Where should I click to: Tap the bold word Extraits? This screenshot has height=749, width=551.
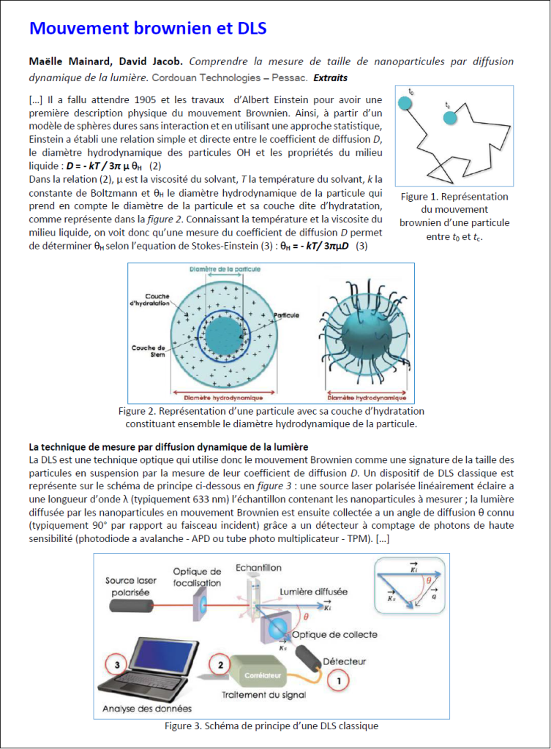point(330,78)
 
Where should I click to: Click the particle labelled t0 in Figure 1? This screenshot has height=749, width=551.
point(405,103)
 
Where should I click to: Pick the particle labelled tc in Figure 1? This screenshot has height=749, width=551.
point(450,117)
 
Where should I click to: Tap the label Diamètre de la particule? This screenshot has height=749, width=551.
point(215,269)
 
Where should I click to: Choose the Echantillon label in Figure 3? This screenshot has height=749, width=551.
point(258,568)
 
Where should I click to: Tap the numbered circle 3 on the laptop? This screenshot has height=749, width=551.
point(118,664)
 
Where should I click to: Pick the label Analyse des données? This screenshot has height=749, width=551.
point(147,708)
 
